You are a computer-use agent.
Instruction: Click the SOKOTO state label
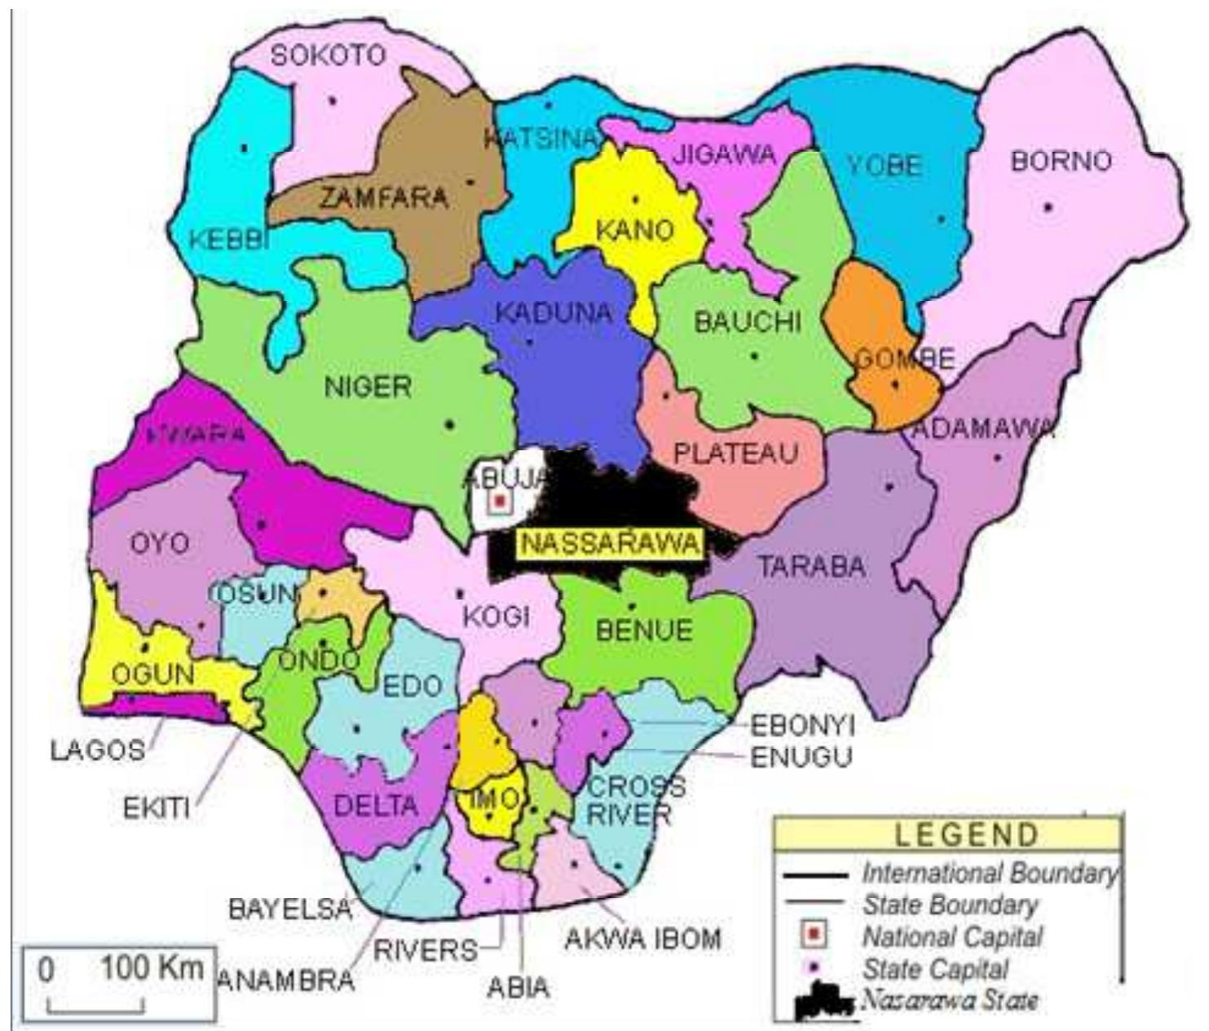point(328,55)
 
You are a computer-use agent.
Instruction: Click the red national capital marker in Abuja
point(499,502)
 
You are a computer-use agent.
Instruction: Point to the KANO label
point(635,230)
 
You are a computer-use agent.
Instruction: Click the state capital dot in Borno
point(1048,207)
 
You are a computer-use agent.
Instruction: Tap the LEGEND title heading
point(967,834)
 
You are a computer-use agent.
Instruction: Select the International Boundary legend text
point(988,874)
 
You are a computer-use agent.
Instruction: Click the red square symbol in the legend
point(812,935)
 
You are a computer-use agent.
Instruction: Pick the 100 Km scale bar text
point(152,969)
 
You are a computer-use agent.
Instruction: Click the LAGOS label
point(98,750)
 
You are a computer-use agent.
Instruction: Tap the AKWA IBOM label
point(643,940)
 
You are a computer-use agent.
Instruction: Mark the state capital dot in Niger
point(449,423)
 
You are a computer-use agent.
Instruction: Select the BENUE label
point(644,630)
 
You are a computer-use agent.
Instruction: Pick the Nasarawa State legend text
point(949,1000)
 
